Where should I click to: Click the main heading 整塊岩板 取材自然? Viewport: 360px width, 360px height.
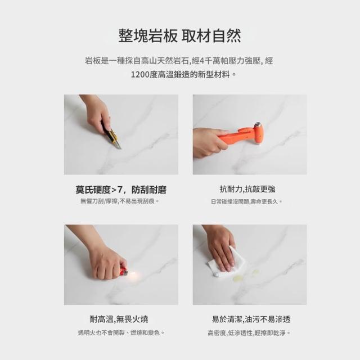point(180,35)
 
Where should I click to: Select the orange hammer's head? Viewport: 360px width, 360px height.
point(258,134)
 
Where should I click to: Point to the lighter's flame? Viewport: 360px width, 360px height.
point(134,274)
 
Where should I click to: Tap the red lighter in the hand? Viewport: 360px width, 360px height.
point(124,271)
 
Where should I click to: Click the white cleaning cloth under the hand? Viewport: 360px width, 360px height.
point(227,264)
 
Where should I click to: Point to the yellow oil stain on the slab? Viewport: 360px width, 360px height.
point(238,278)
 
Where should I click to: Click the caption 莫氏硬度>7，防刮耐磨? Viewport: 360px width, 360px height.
point(121,190)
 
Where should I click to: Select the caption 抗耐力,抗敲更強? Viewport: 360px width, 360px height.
point(247,189)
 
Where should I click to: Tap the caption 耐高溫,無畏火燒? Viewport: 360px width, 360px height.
point(119,319)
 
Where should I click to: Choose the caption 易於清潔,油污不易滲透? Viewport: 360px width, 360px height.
point(251,319)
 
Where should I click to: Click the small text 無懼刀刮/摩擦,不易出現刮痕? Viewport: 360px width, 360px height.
point(120,201)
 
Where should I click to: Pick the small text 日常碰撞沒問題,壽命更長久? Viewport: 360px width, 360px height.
point(246,201)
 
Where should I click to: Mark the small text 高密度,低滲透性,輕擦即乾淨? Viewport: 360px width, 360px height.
point(249,332)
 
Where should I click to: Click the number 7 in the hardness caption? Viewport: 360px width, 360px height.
point(120,190)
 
